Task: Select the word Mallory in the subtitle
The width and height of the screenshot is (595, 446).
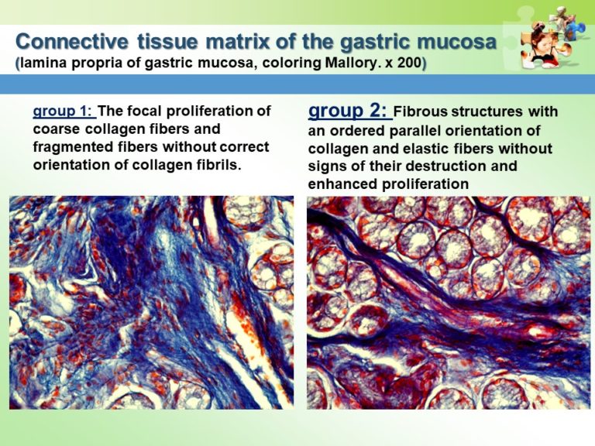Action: pyautogui.click(x=341, y=60)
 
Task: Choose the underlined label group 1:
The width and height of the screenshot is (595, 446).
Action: pyautogui.click(x=64, y=111)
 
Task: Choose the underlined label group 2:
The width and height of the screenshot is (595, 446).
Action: pyautogui.click(x=349, y=111)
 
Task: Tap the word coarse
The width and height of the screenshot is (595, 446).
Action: pyautogui.click(x=59, y=129)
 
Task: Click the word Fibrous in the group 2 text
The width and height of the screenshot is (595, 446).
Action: pyautogui.click(x=427, y=113)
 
